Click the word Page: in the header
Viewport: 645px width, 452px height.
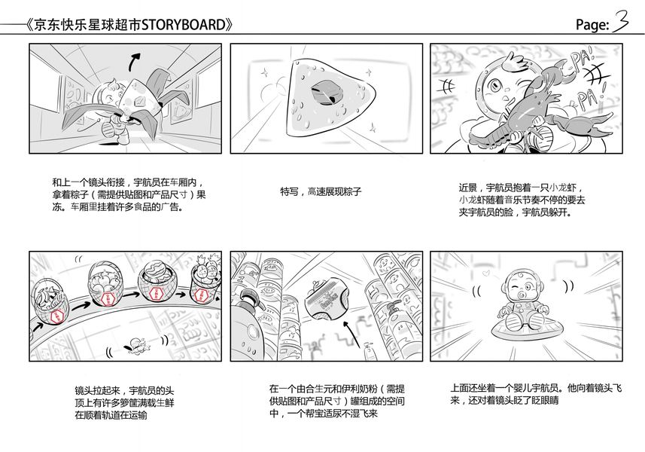(x=592, y=26)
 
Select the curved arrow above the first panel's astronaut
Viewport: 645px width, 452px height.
(x=134, y=60)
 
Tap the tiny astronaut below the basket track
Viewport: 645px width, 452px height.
(x=136, y=344)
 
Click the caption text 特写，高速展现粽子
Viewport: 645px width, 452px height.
(x=321, y=191)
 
